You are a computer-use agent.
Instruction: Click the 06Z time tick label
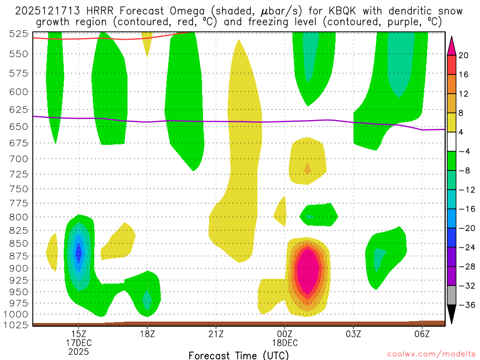(422, 334)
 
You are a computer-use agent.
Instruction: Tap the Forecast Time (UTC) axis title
(239, 355)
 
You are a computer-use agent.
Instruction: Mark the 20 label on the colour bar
(464, 55)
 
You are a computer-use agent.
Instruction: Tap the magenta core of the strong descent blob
(308, 272)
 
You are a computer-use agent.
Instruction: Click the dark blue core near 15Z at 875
(79, 254)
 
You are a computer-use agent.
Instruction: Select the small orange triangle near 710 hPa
(307, 168)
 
